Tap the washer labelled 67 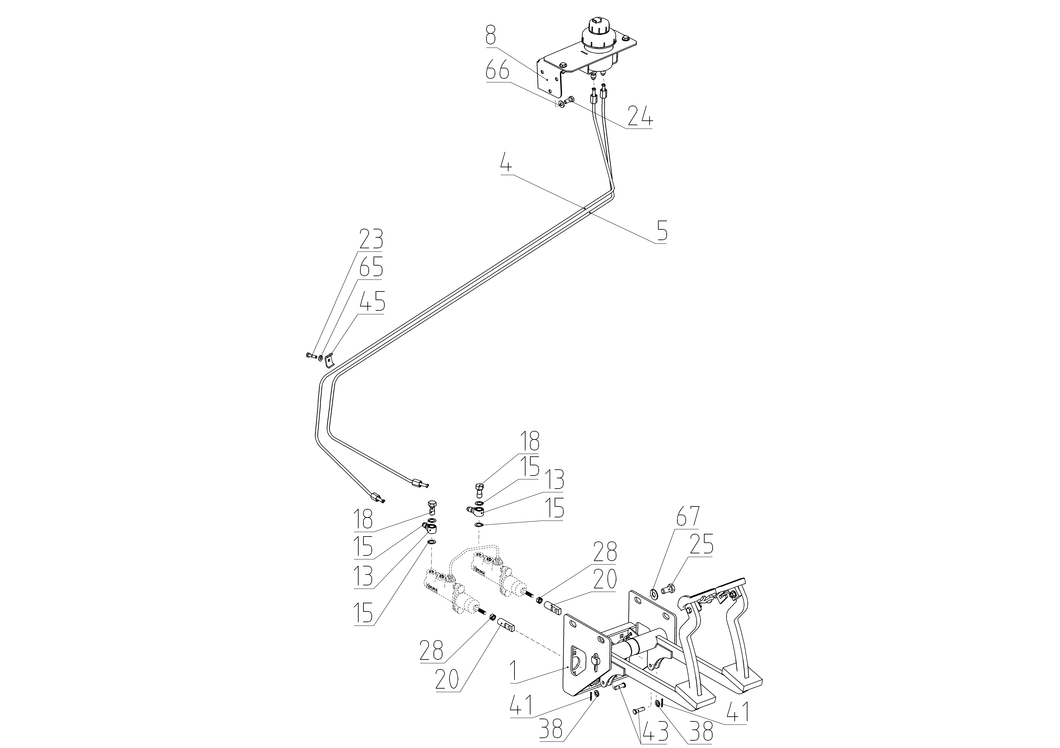(x=654, y=593)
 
